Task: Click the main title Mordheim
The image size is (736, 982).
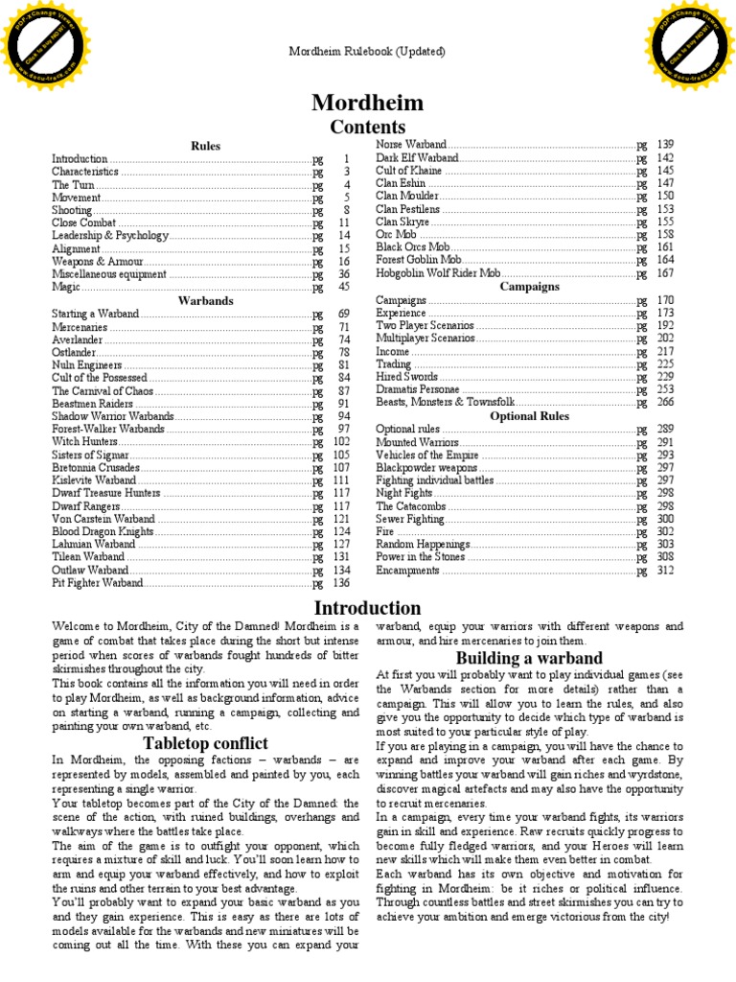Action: tap(368, 104)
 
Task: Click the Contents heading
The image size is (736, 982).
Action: tap(368, 128)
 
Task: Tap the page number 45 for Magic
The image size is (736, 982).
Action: tap(345, 287)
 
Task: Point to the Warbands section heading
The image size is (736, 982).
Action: tap(206, 300)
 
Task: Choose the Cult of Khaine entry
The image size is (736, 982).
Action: tap(409, 170)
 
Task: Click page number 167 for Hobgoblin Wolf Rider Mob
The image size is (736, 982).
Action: tap(666, 273)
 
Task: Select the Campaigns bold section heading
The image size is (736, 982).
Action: tap(530, 287)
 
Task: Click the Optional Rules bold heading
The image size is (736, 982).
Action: tap(530, 416)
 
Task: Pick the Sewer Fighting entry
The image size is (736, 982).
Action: tap(410, 520)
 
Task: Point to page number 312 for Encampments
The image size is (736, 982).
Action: tap(666, 571)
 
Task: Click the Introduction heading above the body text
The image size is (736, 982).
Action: tap(368, 608)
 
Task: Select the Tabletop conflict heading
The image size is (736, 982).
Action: tap(206, 743)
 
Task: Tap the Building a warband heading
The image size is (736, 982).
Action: tap(529, 658)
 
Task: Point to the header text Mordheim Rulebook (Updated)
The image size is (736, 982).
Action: tap(368, 52)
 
